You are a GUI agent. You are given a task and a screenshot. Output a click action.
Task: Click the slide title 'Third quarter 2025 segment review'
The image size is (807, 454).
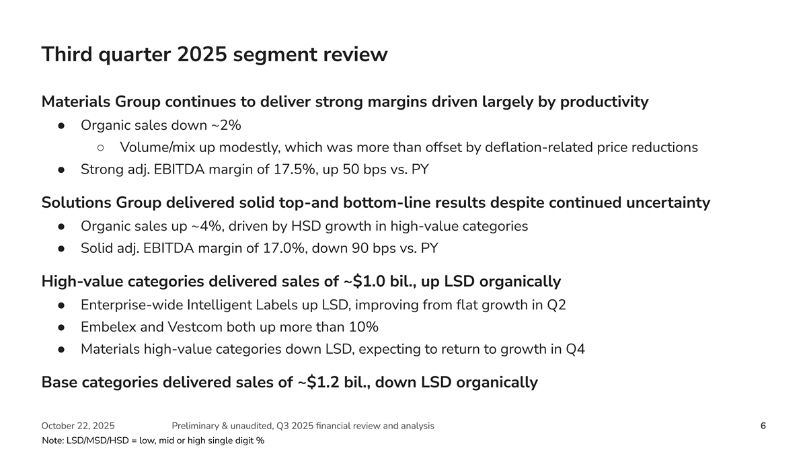[x=215, y=54]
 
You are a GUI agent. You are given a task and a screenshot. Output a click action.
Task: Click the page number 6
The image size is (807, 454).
[x=763, y=426]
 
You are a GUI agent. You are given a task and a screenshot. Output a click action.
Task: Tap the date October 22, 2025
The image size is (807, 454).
[x=78, y=426]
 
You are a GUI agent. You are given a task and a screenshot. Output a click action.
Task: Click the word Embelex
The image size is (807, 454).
[x=107, y=327]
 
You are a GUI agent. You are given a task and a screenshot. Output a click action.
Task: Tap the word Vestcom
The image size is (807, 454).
[x=195, y=327]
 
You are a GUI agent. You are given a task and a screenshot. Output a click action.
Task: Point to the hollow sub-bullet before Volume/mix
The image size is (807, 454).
[x=100, y=147]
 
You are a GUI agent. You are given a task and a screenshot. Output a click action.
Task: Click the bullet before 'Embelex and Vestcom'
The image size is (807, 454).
[x=61, y=328]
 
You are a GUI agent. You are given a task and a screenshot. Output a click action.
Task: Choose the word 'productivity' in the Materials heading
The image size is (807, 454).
[x=604, y=102]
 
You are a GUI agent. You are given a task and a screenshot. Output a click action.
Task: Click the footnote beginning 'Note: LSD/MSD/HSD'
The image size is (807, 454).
[x=153, y=441]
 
